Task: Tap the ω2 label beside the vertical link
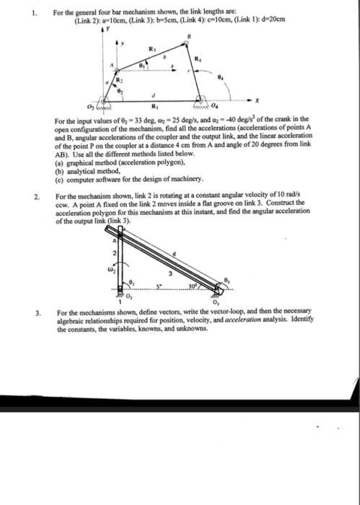105,271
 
